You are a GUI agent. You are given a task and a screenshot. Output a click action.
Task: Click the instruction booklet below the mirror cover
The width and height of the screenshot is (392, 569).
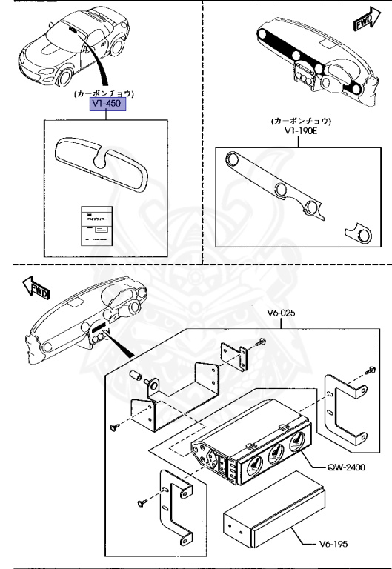(95, 224)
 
